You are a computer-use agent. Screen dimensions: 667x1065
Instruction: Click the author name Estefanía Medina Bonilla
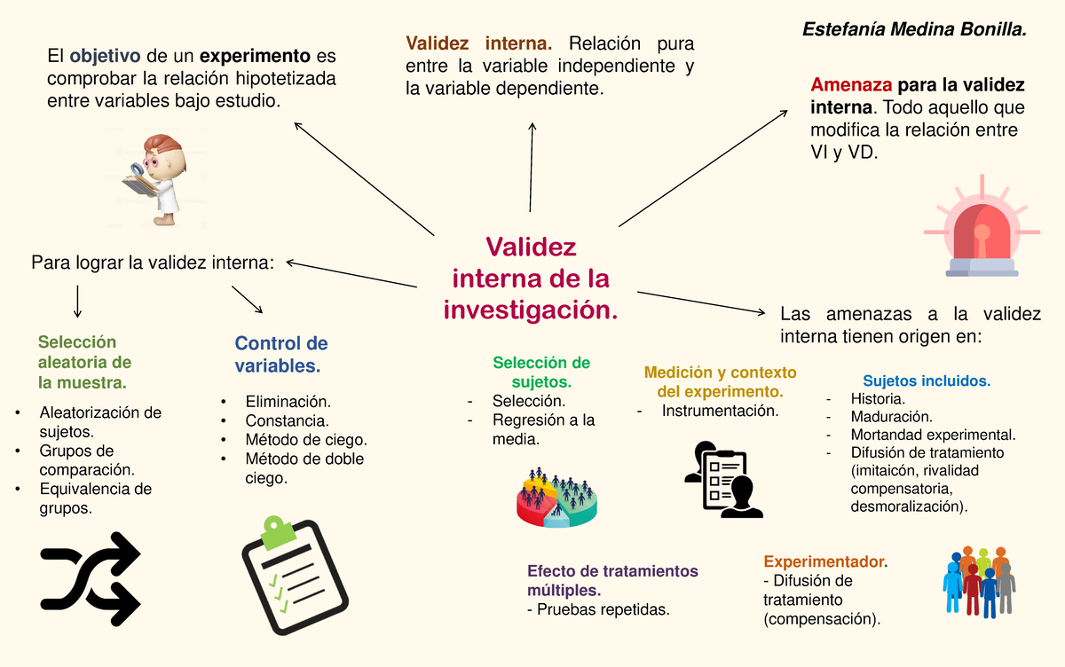coord(914,29)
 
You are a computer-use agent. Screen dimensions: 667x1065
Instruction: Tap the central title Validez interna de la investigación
coord(531,279)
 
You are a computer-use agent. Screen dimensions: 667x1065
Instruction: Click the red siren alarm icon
coord(981,231)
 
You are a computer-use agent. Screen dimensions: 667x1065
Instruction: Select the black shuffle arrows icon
coord(91,579)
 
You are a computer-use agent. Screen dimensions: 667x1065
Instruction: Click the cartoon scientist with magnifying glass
coord(155,178)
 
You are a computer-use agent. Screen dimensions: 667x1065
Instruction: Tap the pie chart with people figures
coord(556,498)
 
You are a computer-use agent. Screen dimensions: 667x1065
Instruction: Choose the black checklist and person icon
coord(723,479)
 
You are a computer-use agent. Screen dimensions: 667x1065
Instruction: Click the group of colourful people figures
coord(978,579)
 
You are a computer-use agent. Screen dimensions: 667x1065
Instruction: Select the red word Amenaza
coord(851,86)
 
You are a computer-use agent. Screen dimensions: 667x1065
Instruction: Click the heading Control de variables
coord(281,354)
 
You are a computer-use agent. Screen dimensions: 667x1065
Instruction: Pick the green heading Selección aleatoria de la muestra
coord(84,363)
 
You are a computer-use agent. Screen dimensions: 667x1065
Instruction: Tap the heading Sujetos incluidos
coord(926,381)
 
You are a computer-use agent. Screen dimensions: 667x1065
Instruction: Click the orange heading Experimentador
coord(824,561)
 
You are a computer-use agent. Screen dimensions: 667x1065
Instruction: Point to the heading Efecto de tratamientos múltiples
coord(612,580)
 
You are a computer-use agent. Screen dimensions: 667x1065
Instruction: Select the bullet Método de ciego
coord(305,440)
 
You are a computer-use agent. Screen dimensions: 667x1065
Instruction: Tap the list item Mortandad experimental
coord(932,435)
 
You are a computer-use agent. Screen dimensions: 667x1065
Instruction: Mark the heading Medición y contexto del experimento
coord(720,381)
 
